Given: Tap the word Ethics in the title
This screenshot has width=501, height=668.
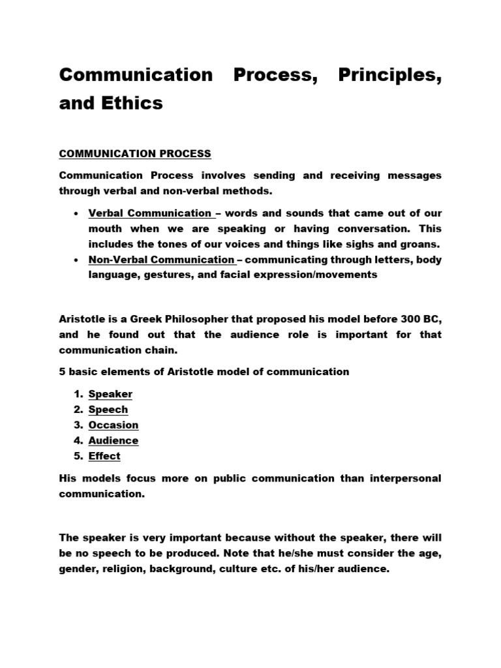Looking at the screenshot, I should coord(130,102).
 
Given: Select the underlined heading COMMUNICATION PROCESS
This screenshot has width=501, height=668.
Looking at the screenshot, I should coord(135,154).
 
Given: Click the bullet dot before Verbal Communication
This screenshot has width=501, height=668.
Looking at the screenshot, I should coord(77,213).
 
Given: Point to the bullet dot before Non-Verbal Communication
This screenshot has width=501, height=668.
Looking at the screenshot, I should coord(77,260).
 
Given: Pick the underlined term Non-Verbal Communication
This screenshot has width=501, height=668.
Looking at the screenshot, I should coord(161,260).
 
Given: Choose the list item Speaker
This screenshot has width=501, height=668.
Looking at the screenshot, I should coord(110,394).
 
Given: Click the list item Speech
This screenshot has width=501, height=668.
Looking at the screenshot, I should coord(108,410).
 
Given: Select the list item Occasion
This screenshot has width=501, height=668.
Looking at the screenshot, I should coord(114,425).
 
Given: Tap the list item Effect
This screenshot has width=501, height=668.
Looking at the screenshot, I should coord(104,457).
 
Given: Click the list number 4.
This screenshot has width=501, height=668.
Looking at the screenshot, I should coord(76,441).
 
